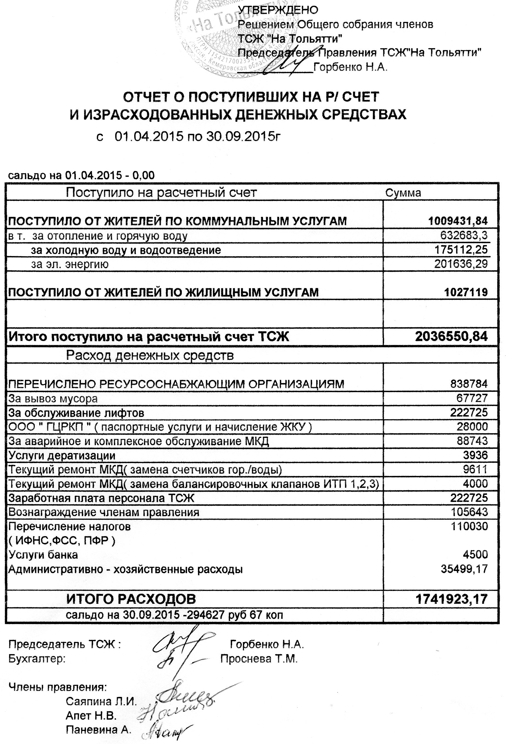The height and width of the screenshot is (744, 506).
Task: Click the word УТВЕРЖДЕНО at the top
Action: [x=278, y=10]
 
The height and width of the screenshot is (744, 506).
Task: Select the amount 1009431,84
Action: [x=458, y=221]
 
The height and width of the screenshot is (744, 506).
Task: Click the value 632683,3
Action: [x=464, y=235]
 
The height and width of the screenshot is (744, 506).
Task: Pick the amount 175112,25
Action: [x=461, y=250]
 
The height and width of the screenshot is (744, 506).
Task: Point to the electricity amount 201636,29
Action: [x=461, y=264]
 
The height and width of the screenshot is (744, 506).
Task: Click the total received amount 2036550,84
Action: [x=451, y=337]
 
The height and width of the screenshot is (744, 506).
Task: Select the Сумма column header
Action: [x=403, y=193]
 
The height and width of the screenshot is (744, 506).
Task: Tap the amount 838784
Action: [x=468, y=384]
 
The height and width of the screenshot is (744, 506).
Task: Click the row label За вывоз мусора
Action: [x=53, y=399]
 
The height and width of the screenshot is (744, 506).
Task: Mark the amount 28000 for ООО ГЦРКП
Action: [x=472, y=427]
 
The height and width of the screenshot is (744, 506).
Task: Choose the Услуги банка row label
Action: [x=43, y=555]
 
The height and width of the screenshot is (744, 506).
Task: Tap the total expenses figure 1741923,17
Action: [x=451, y=599]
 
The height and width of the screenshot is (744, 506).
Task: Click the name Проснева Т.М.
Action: [x=259, y=659]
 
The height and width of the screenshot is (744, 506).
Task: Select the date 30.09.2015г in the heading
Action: [x=243, y=137]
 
